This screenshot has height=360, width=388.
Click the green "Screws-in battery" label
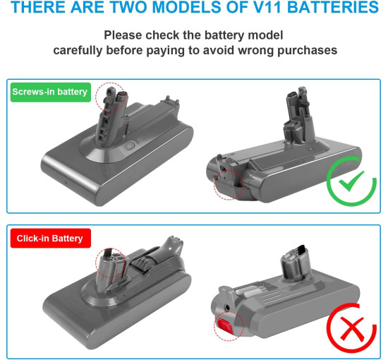click(51, 92)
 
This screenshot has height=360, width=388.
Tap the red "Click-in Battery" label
click(51, 238)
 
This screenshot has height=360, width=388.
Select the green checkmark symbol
click(351, 181)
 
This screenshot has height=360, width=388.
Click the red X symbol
click(351, 328)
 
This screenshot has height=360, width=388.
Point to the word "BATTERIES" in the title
click(333, 7)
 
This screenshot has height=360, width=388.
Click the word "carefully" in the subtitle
click(78, 51)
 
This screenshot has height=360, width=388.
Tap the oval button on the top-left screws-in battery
click(129, 146)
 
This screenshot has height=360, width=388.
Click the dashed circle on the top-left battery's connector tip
click(111, 98)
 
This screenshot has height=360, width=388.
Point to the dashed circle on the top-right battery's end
click(229, 185)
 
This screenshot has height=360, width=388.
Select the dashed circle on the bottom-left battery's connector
click(111, 263)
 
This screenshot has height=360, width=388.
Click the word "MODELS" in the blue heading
click(186, 7)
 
